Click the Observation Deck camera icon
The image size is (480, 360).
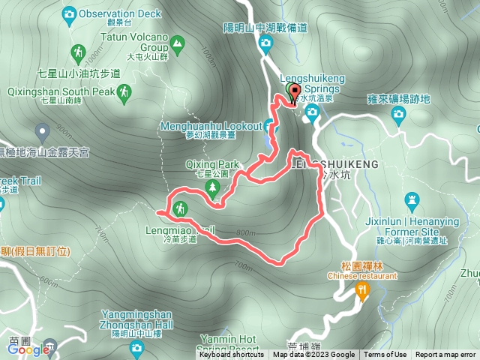pos(70,13)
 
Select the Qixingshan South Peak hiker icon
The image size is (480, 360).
pos(124,91)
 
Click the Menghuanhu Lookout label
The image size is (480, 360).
pos(210,125)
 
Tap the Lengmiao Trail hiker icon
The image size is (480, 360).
pos(180,208)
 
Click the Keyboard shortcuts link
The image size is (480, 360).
pos(232,355)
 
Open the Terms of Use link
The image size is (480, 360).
pos(385,355)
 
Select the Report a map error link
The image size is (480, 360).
pos(446,355)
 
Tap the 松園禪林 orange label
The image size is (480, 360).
pos(363,265)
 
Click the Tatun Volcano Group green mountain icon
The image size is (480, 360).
pos(177,43)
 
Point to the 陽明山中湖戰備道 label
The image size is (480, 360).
pos(265,28)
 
